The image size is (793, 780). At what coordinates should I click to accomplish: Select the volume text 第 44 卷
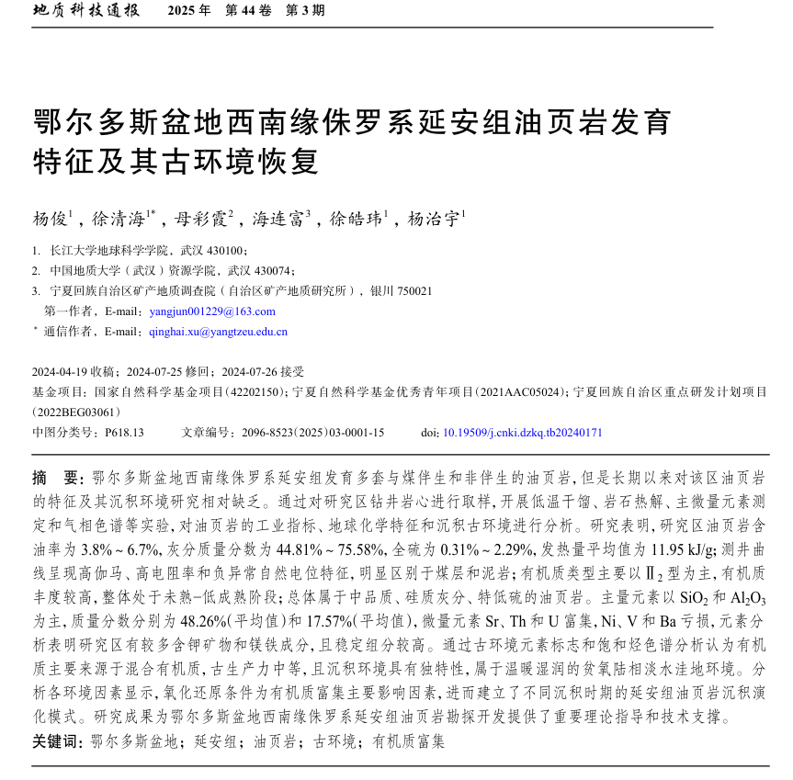tap(248, 12)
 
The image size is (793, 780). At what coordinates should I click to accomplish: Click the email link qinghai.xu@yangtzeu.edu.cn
tap(218, 332)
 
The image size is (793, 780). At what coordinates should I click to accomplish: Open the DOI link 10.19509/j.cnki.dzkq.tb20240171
tap(523, 432)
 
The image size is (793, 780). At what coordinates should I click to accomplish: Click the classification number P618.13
tap(124, 432)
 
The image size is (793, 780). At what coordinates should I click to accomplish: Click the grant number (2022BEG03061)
tap(76, 412)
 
